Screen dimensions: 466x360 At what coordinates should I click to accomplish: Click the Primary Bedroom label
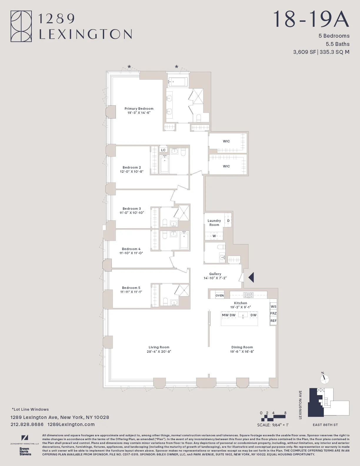point(139,109)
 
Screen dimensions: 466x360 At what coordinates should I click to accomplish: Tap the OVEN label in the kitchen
point(219,295)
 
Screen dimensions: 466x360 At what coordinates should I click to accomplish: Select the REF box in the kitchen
point(273,321)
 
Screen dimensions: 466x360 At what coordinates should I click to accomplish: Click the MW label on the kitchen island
point(225,315)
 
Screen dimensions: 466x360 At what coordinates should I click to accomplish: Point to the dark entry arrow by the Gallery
point(251,277)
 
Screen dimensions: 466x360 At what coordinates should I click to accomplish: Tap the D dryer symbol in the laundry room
point(228,221)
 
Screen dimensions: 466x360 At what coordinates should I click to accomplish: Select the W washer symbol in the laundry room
point(214,236)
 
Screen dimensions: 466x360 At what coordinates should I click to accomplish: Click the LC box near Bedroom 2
point(163,150)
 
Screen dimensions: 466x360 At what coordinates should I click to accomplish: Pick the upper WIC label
point(226,141)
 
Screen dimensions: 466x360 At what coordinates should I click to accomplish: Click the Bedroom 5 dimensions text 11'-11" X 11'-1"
point(131,292)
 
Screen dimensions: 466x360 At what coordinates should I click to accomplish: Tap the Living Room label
point(159,347)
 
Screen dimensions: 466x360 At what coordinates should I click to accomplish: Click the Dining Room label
point(242,347)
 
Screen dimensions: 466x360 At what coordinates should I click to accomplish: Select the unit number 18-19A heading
point(311,19)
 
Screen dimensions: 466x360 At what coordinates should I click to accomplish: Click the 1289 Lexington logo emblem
point(21,26)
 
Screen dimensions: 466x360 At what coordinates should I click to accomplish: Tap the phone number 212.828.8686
point(27,424)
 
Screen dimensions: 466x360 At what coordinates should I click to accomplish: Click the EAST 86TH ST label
point(325,425)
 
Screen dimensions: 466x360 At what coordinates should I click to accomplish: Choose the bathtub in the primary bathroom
point(178,82)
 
